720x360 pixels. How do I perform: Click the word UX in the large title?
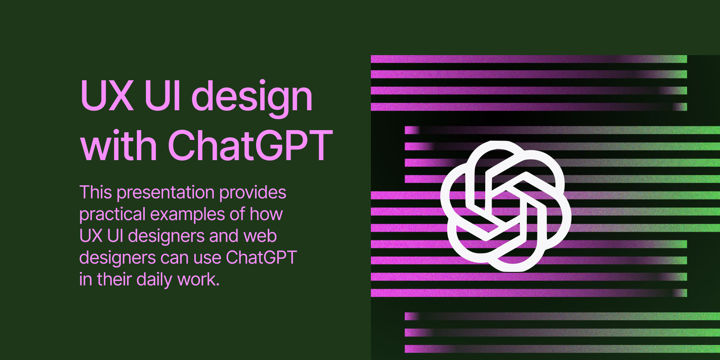pos(107,96)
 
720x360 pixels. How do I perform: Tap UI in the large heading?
pos(163,96)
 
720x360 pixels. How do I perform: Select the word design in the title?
pos(252,97)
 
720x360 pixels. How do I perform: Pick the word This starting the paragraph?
pos(96,192)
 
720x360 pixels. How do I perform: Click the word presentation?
pos(165,192)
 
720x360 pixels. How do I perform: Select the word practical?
pos(112,214)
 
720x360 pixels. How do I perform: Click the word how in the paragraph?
pos(266,214)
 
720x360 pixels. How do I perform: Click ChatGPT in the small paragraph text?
pos(261,258)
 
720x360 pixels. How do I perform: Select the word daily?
pos(154,280)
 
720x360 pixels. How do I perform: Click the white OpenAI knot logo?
pos(505,206)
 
